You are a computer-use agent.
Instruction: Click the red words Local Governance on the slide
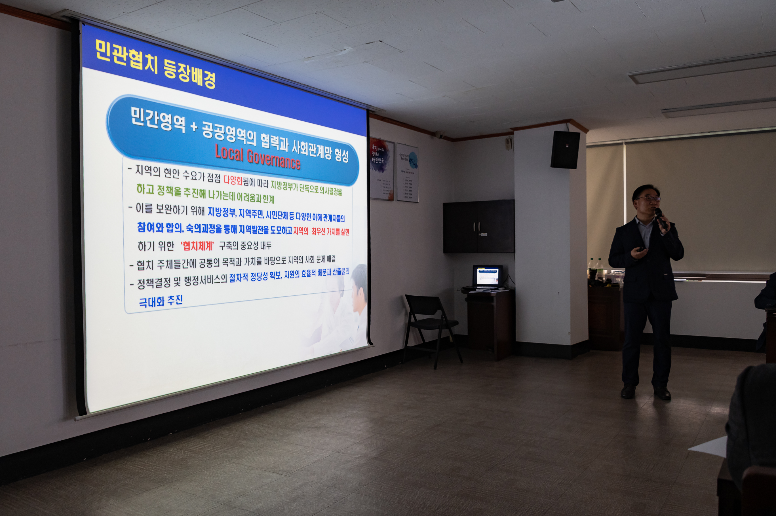click(258, 157)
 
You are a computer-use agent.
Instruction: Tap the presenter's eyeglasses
click(648, 198)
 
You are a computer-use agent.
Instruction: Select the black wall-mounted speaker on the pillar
click(565, 150)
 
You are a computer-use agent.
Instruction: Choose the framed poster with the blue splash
click(407, 172)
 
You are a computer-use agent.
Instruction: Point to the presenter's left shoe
click(662, 393)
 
